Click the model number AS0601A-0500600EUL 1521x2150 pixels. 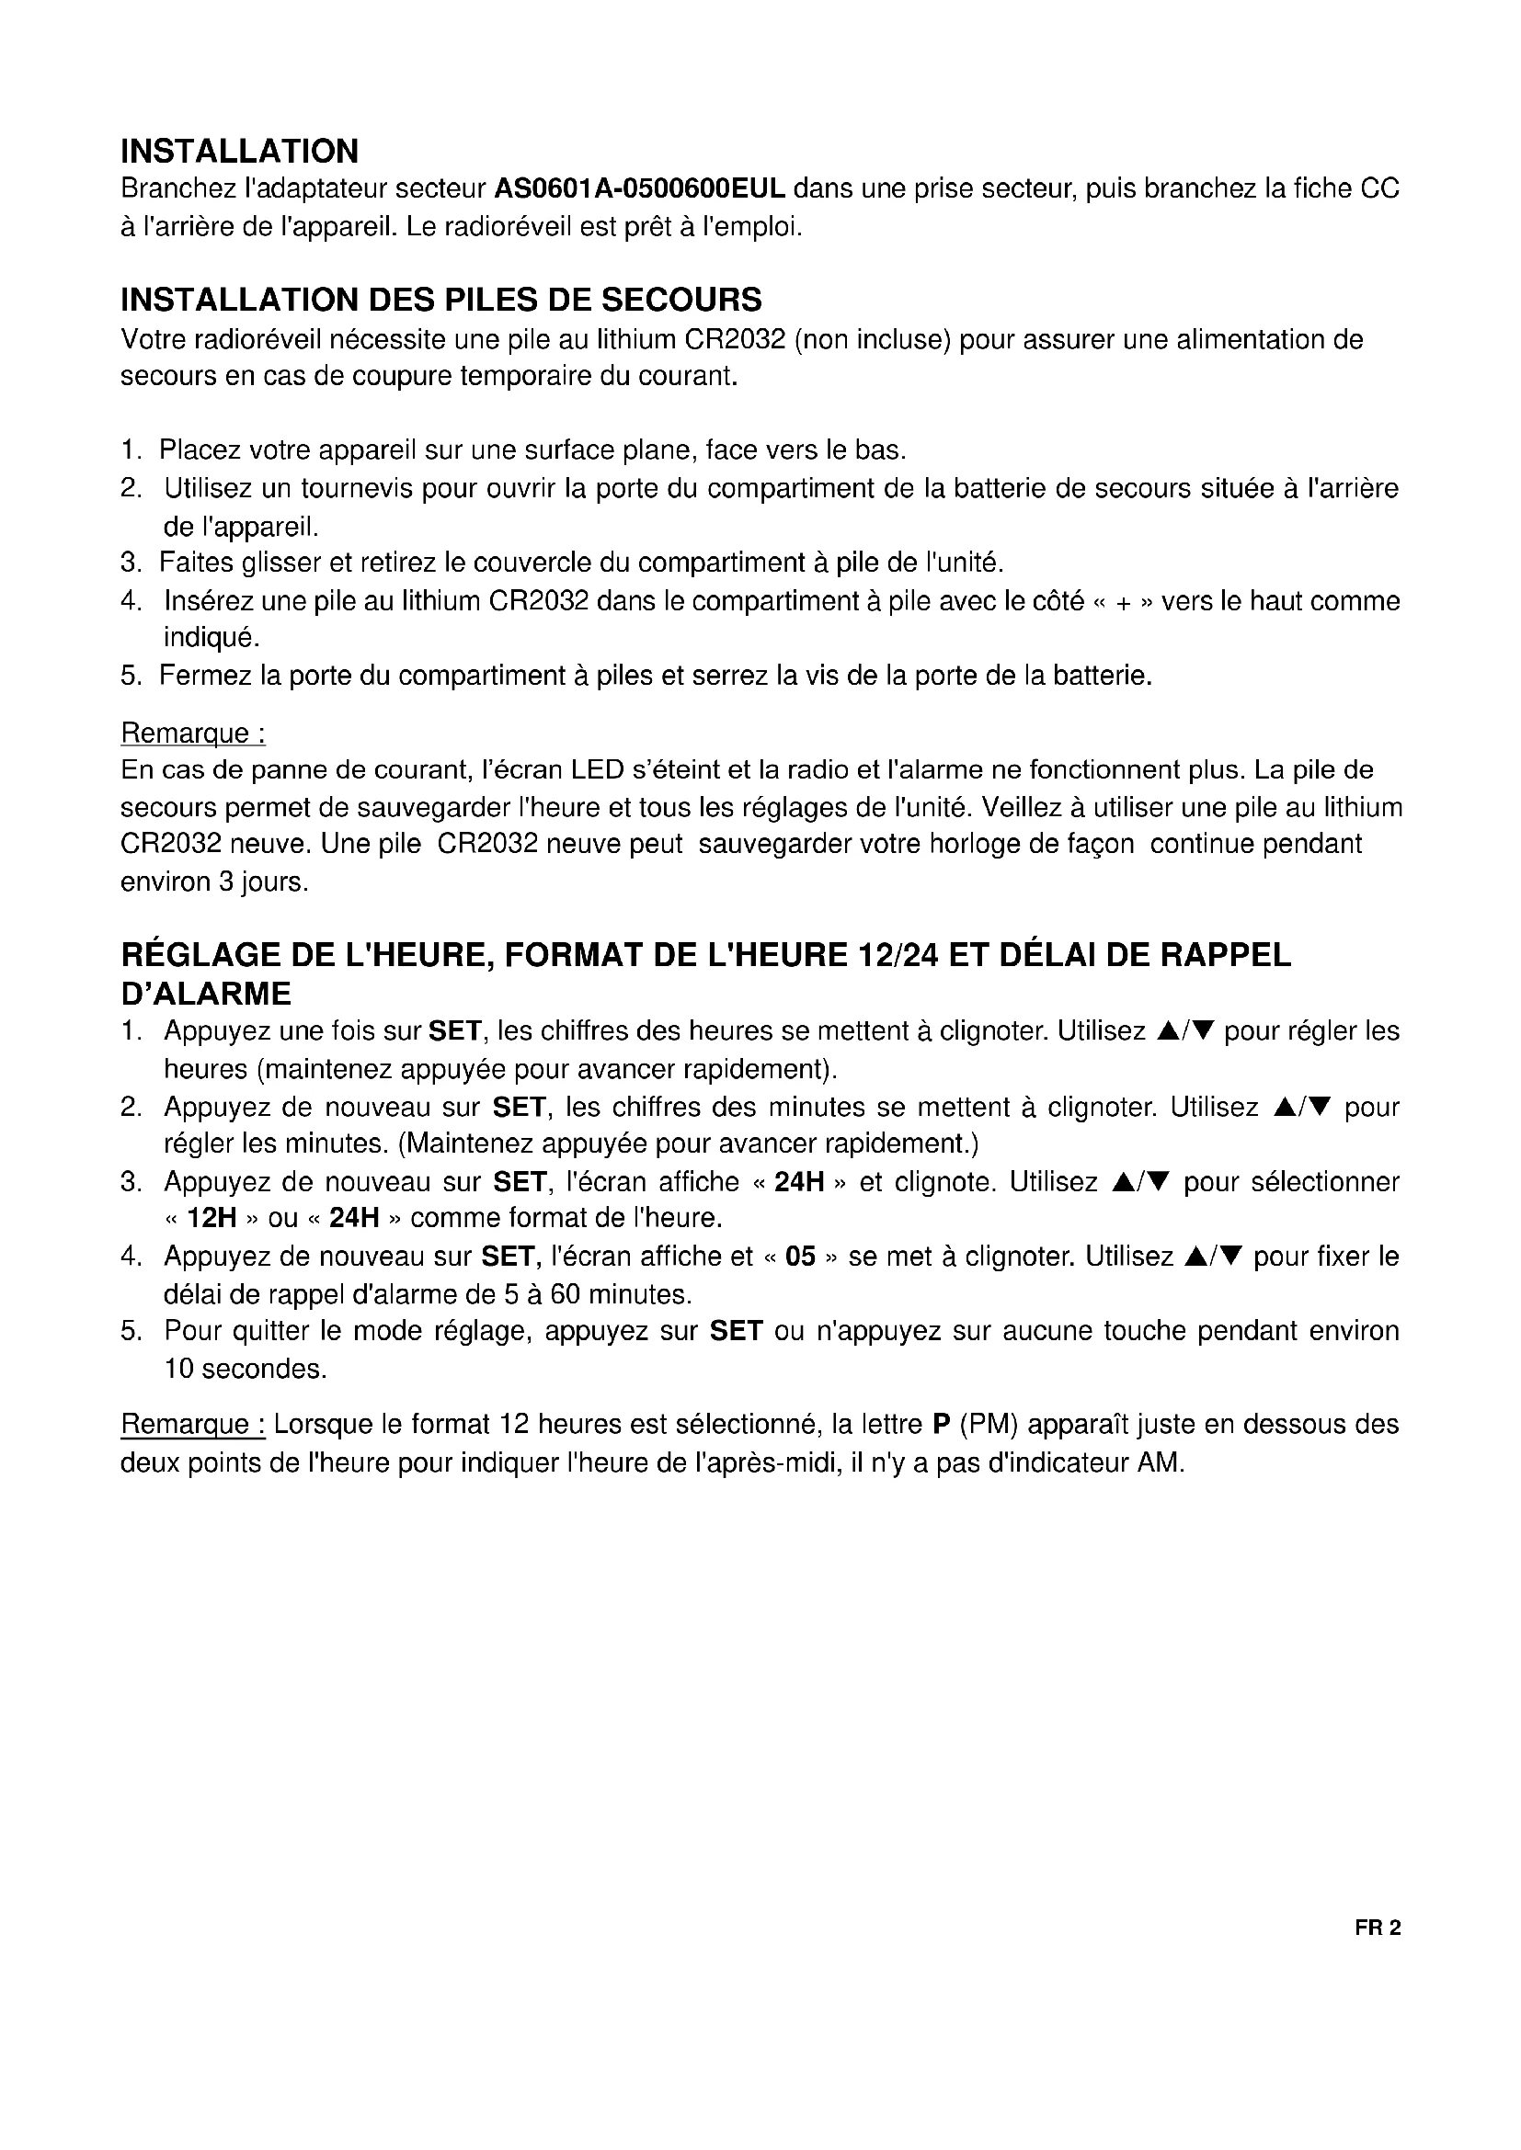[x=639, y=189]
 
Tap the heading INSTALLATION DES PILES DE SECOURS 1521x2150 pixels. [x=441, y=300]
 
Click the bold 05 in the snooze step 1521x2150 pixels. [x=800, y=1256]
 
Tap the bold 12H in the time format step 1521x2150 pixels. [x=212, y=1218]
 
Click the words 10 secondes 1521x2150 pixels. [x=246, y=1369]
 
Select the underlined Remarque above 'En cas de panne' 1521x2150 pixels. [x=193, y=733]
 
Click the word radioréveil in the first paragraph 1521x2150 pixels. [x=504, y=227]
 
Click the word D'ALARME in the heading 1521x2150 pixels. [x=206, y=993]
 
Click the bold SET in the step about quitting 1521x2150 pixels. [x=737, y=1331]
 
